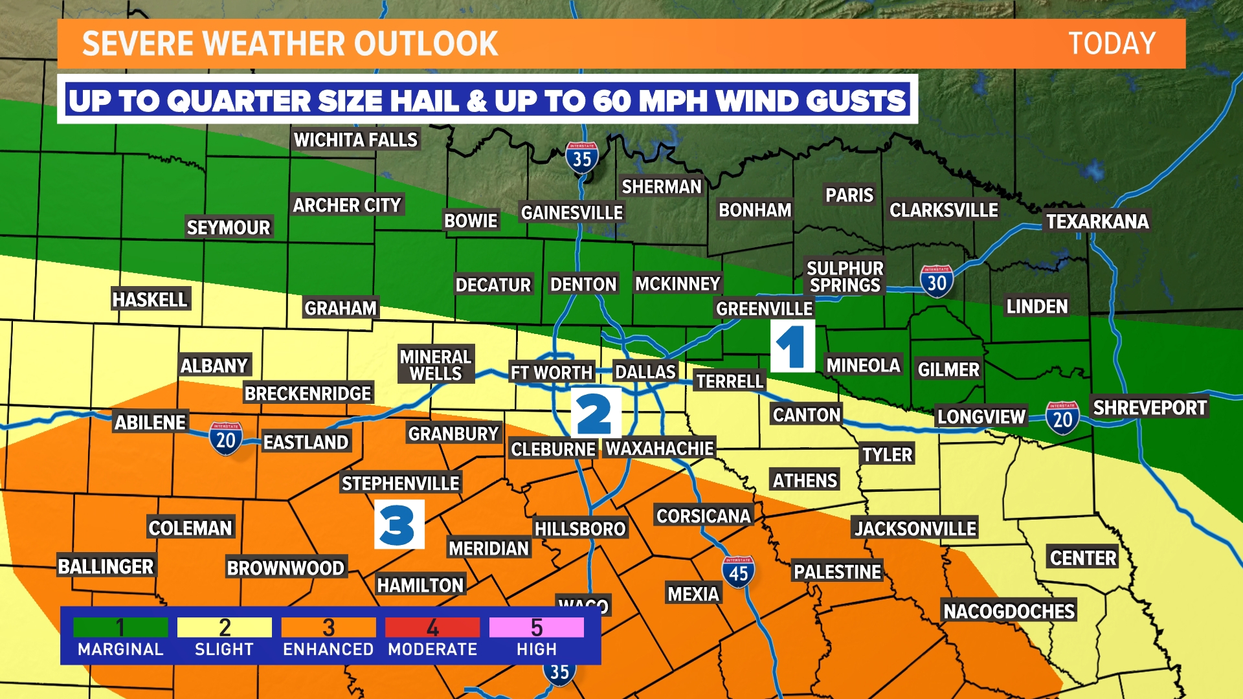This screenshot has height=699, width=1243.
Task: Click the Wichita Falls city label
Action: (x=355, y=140)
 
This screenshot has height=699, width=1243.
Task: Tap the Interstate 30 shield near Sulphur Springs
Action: (x=936, y=282)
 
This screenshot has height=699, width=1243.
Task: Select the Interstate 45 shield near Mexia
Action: (x=738, y=572)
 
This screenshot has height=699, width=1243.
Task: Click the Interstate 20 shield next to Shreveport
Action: (x=1062, y=418)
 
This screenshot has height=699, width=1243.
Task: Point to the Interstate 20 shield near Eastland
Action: (x=225, y=439)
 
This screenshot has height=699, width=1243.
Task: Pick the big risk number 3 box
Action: (x=399, y=524)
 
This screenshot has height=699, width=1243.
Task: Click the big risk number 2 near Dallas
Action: (x=596, y=413)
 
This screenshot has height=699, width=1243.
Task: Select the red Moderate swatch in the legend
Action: (x=432, y=627)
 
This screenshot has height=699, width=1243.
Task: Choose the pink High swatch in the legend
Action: (x=536, y=627)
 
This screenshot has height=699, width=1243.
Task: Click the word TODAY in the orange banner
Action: (x=1111, y=44)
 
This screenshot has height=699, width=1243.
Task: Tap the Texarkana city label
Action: (x=1097, y=221)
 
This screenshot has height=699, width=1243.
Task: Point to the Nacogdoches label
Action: (x=1009, y=611)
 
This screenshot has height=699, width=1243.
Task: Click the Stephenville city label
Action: (x=400, y=483)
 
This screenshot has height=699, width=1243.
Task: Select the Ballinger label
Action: (x=106, y=566)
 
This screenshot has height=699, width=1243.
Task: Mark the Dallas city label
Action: (x=645, y=372)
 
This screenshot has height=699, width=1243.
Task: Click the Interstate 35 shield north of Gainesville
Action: (x=581, y=157)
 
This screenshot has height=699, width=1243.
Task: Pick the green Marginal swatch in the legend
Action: (x=120, y=627)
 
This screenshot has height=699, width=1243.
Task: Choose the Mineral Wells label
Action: (x=436, y=365)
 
